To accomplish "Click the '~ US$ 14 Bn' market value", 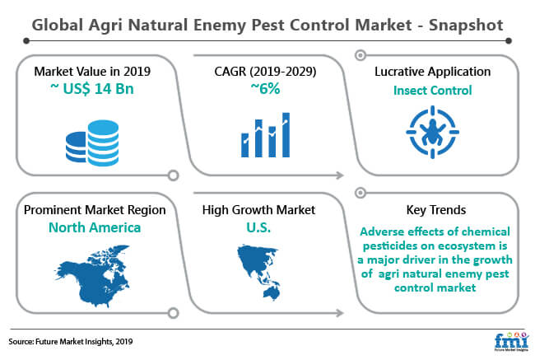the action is click(x=92, y=89).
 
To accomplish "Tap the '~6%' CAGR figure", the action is click(x=265, y=89).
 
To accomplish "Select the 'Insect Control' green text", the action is click(x=433, y=91).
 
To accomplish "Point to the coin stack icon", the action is click(x=92, y=143).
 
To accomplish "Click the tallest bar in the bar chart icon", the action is click(x=286, y=135).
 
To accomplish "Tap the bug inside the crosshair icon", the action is click(x=433, y=132).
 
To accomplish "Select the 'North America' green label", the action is click(x=95, y=227).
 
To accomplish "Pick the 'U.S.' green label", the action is click(x=258, y=227).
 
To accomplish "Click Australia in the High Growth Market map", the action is click(x=272, y=292).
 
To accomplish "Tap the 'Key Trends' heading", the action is click(x=436, y=210).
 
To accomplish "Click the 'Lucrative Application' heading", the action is click(x=433, y=72).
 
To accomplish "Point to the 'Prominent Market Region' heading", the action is click(x=95, y=210).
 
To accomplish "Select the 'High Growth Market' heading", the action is click(x=258, y=210).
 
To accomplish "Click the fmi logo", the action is click(x=511, y=341).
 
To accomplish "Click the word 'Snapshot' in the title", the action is click(x=466, y=26).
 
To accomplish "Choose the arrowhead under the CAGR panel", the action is click(x=340, y=175).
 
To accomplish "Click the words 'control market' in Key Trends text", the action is click(x=435, y=288).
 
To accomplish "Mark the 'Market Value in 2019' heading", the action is click(x=92, y=72).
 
